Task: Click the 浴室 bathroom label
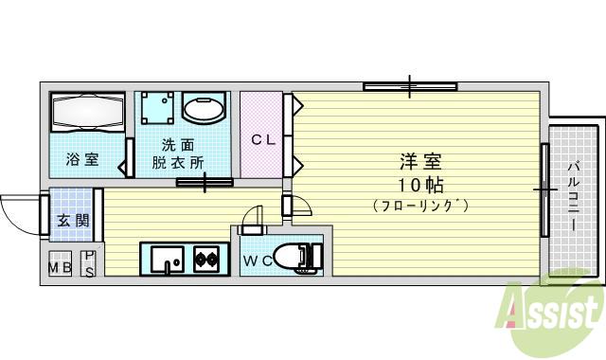[82, 159]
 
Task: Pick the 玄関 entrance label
[72, 221]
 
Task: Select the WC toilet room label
[258, 260]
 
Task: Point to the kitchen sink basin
[166, 258]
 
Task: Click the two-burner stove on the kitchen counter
[206, 257]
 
